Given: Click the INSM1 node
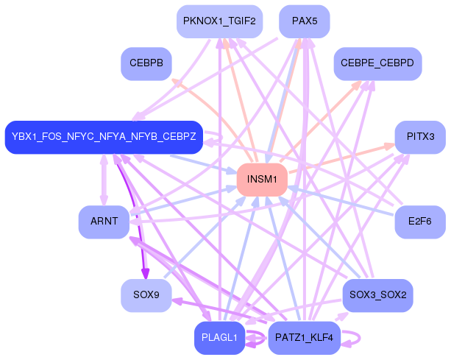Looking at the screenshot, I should [x=261, y=180].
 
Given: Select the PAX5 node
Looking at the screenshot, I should [x=304, y=21].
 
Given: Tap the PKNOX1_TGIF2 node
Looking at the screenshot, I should [x=219, y=21].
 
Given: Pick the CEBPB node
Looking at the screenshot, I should [x=146, y=64].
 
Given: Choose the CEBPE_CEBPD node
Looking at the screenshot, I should [x=377, y=64].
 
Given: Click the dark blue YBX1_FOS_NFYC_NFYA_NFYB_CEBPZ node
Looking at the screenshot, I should [x=103, y=137].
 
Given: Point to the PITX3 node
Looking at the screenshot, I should [x=420, y=137].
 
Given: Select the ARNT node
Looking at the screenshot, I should [x=104, y=222].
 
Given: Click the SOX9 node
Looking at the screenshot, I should [x=146, y=295].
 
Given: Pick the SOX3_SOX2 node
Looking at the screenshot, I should [x=377, y=295].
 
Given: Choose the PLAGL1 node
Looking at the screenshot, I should [x=219, y=338].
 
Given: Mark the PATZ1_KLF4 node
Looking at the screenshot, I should [x=303, y=338].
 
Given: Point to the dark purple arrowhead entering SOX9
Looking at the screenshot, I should [x=146, y=275].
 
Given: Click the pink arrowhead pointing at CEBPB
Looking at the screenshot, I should [x=176, y=82].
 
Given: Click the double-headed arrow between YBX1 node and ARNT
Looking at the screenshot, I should [x=104, y=180].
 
